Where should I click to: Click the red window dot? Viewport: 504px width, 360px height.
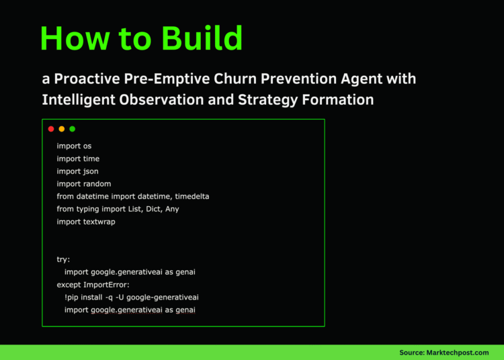click(x=51, y=129)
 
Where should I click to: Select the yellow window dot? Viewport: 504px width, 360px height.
click(x=62, y=129)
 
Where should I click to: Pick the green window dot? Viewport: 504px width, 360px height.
click(x=73, y=129)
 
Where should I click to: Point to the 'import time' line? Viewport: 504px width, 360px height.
click(x=78, y=159)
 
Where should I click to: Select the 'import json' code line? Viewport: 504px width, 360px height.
click(x=77, y=171)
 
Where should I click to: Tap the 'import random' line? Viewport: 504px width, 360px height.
click(x=84, y=184)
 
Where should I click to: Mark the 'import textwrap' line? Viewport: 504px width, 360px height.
click(x=86, y=222)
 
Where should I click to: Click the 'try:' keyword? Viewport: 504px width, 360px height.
click(x=63, y=259)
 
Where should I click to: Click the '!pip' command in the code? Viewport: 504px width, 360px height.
click(x=73, y=298)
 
